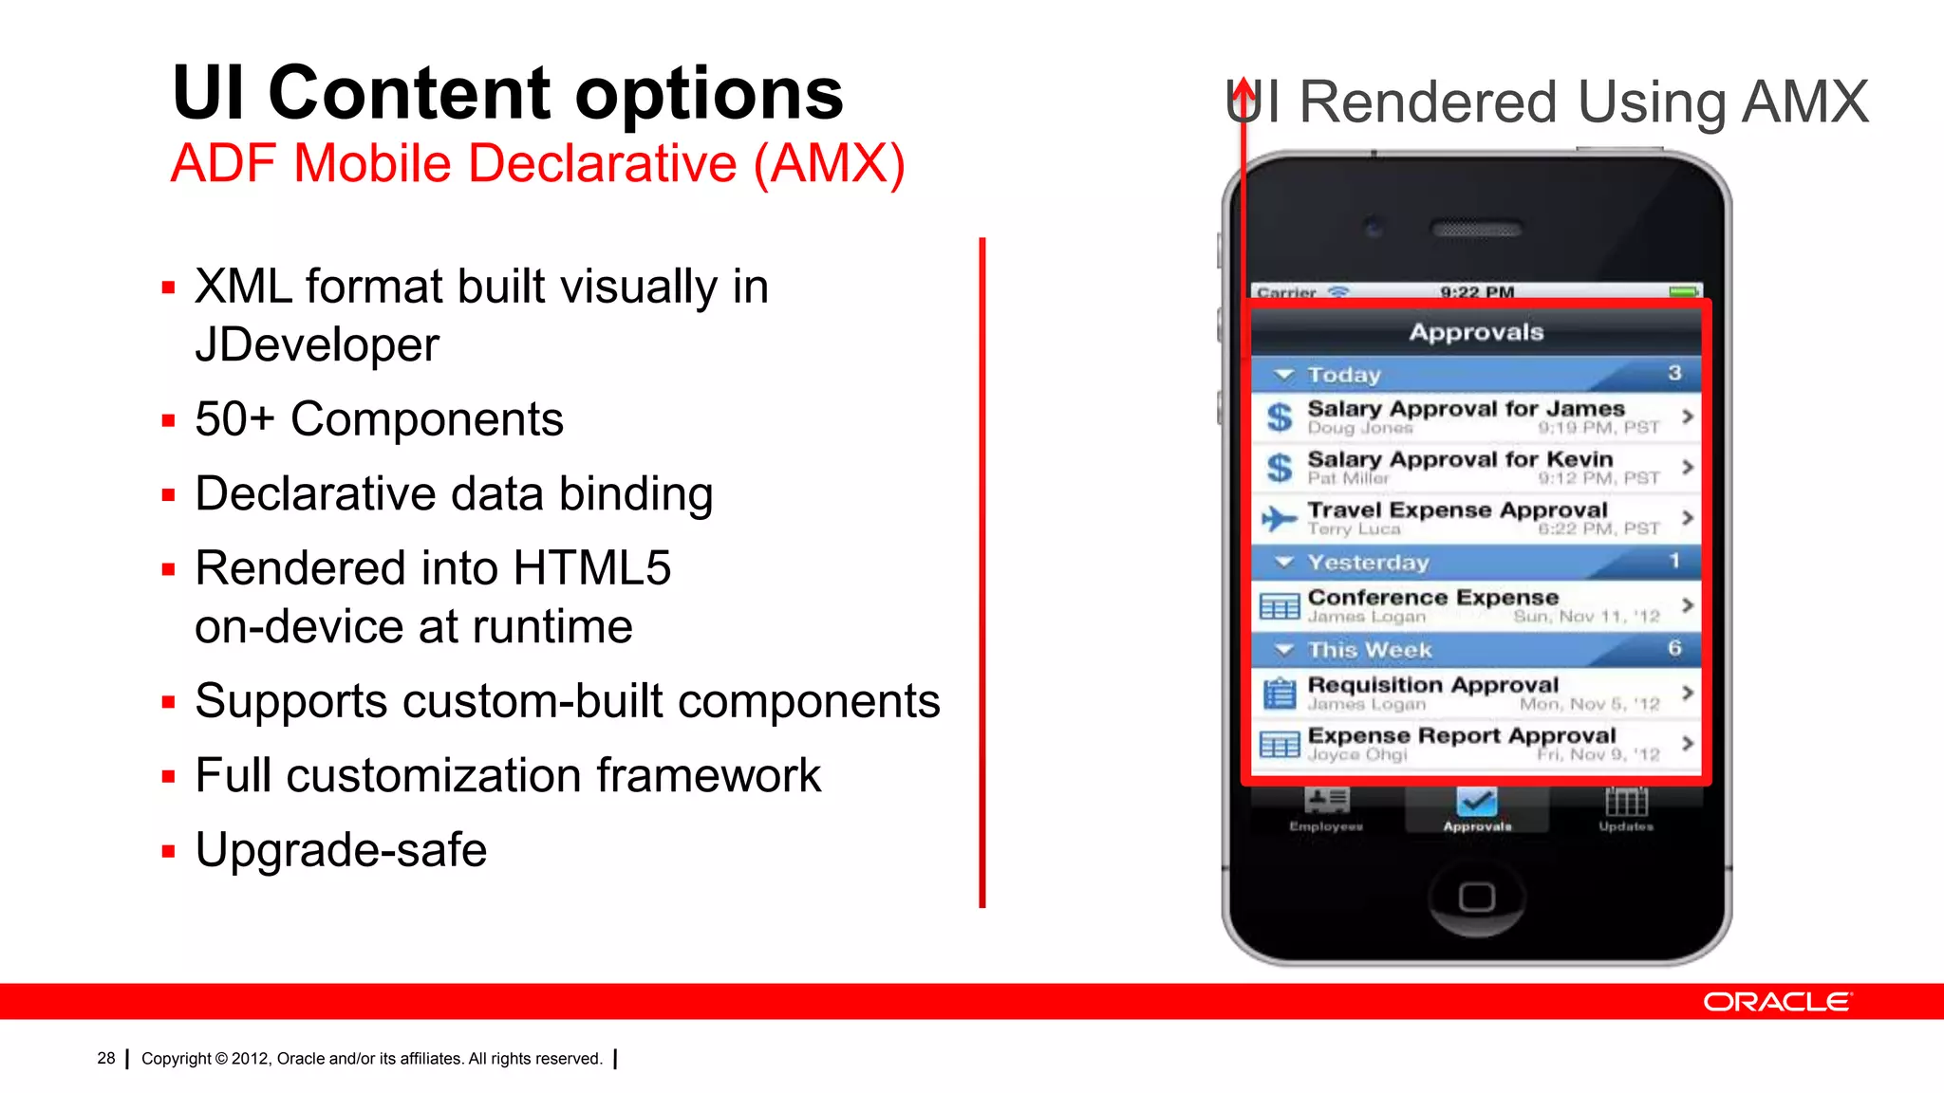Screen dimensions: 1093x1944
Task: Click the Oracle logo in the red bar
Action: pyautogui.click(x=1776, y=1002)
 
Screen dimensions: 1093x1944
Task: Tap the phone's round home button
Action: pyautogui.click(x=1476, y=897)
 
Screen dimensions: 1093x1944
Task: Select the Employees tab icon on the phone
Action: pyautogui.click(x=1326, y=802)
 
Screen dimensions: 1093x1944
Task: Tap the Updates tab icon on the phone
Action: pyautogui.click(x=1626, y=803)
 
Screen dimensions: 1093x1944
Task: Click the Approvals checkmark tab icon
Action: pyautogui.click(x=1476, y=803)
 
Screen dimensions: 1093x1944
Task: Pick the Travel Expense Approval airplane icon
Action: pyautogui.click(x=1279, y=518)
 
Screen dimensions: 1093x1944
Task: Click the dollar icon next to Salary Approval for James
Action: pyautogui.click(x=1280, y=417)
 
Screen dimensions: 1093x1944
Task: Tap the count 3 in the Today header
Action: pyautogui.click(x=1674, y=373)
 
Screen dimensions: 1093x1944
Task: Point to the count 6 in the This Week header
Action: pyautogui.click(x=1674, y=648)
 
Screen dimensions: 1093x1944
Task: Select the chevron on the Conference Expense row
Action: pyautogui.click(x=1687, y=604)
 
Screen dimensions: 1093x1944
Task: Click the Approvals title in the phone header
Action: pyautogui.click(x=1476, y=332)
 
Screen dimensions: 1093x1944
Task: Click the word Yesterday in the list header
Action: pyautogui.click(x=1368, y=563)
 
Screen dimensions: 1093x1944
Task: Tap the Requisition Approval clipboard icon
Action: pyautogui.click(x=1279, y=694)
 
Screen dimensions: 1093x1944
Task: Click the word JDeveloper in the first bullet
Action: pyautogui.click(x=317, y=344)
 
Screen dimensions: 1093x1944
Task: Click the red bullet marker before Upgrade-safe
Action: pyautogui.click(x=169, y=851)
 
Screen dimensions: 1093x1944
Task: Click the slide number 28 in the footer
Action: pyautogui.click(x=105, y=1058)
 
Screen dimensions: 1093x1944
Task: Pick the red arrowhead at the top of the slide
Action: pyautogui.click(x=1243, y=89)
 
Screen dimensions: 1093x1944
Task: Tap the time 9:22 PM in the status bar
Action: pyautogui.click(x=1476, y=291)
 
